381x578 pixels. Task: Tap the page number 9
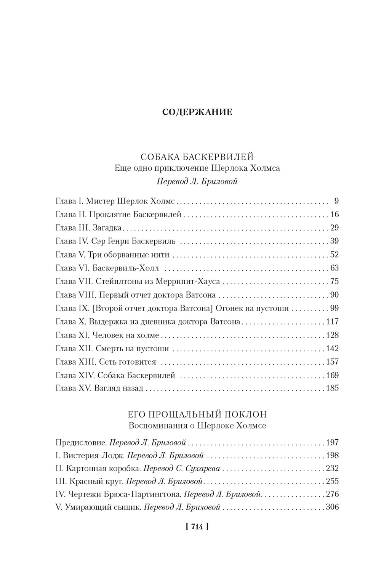pos(336,201)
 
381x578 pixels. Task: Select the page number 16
pos(334,214)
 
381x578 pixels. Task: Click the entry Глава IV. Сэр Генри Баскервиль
pos(115,241)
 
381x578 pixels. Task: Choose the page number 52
pos(334,255)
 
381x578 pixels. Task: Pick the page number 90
pos(334,295)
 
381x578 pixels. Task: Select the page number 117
pos(332,322)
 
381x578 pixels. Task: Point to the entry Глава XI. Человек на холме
pos(107,335)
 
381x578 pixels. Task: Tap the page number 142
pos(332,349)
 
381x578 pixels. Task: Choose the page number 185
pos(332,389)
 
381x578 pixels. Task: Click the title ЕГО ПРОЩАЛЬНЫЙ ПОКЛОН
pos(197,414)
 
